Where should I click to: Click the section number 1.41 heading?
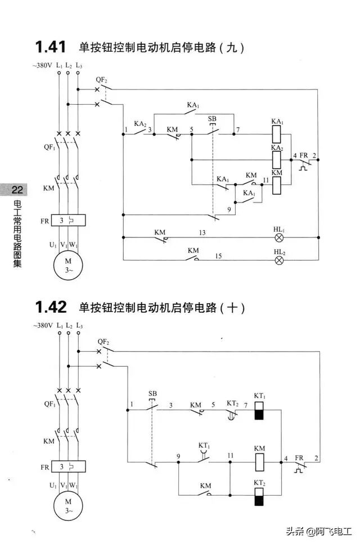point(51,47)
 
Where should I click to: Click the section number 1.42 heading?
point(51,307)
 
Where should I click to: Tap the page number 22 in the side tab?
point(17,189)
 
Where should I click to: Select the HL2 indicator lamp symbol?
point(279,260)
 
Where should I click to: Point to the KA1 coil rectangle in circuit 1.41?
point(277,134)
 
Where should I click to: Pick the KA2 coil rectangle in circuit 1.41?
point(277,160)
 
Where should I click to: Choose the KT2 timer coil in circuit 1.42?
point(259,497)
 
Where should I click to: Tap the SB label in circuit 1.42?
point(152,393)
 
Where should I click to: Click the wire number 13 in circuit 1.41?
point(202,232)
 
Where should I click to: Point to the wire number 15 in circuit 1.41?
point(218,256)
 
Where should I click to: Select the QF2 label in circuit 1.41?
point(102,80)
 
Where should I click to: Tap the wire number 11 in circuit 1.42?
point(230,455)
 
